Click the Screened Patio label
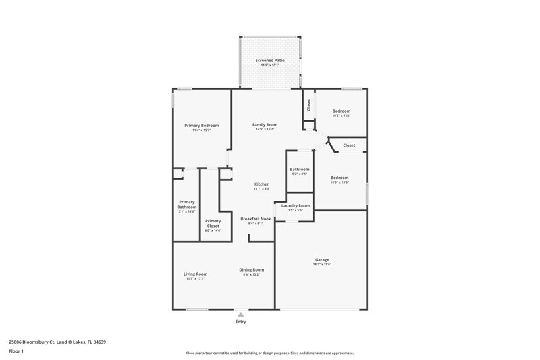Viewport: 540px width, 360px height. pos(269,61)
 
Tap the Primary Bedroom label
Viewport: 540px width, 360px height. pos(201,126)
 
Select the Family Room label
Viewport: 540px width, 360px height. pos(265,125)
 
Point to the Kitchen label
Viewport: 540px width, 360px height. pos(262,184)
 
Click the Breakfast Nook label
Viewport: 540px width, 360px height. pos(256,219)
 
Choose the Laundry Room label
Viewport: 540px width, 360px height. pos(296,205)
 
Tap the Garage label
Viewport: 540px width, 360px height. pos(322,259)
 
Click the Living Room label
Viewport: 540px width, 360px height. pos(196,274)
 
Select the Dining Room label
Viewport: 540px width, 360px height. pos(251,270)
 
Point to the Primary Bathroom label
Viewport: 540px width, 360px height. pos(187,205)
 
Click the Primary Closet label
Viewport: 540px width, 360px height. pos(213,224)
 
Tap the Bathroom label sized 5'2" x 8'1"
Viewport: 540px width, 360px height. pos(299,169)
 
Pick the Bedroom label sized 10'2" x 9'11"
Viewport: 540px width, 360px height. pos(341,111)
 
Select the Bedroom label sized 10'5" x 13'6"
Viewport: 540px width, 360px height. pos(340,178)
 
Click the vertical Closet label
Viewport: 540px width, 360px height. pos(309,105)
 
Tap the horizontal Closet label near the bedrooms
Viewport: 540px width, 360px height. pos(349,145)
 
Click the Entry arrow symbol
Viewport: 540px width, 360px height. pos(241,314)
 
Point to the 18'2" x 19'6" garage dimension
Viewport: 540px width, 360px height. pos(322,264)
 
